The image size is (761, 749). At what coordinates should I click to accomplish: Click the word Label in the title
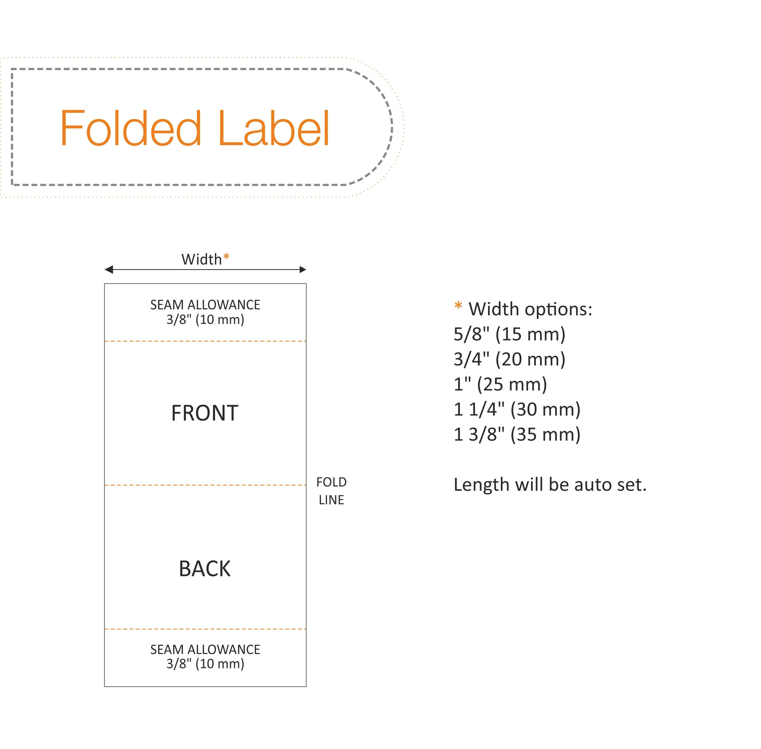(274, 128)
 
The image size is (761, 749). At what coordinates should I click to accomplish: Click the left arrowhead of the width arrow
(109, 269)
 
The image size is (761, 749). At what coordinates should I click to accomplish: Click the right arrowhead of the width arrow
(302, 269)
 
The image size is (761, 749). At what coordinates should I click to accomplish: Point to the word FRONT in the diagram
(205, 413)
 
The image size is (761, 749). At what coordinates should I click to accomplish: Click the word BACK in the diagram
(205, 569)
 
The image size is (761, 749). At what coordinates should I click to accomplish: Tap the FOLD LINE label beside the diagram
(331, 491)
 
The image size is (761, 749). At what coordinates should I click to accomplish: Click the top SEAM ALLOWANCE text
(205, 305)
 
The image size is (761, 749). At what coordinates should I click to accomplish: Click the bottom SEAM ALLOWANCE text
(205, 649)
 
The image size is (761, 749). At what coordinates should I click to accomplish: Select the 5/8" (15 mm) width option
(509, 334)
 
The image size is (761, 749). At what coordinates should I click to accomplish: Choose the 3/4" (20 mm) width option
(509, 359)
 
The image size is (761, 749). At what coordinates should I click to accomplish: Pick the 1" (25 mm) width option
(501, 384)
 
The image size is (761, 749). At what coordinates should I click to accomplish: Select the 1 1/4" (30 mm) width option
(517, 410)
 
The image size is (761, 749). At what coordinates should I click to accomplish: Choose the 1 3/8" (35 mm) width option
(517, 435)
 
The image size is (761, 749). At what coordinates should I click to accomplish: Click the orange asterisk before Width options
(458, 306)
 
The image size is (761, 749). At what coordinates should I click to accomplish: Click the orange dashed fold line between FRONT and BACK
(205, 485)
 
